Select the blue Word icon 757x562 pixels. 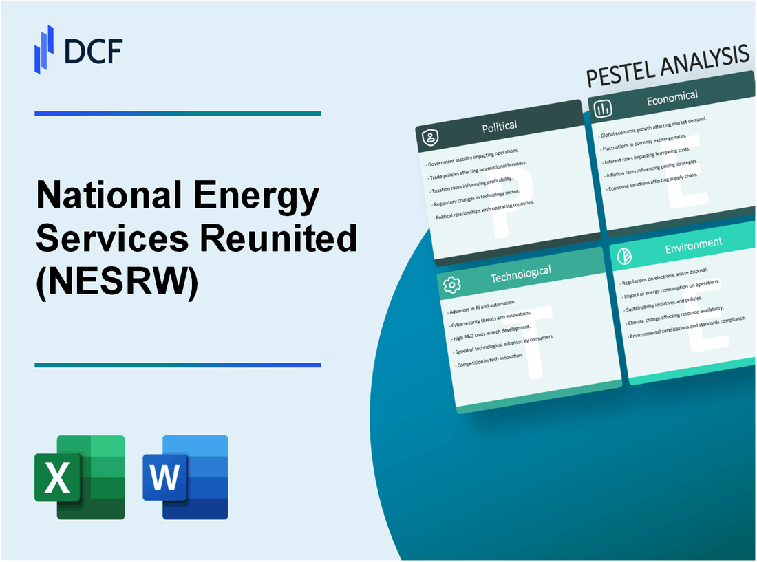[x=185, y=477]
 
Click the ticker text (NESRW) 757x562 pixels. [x=117, y=279]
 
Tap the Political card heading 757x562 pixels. [x=500, y=127]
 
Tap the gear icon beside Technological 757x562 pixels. [x=451, y=285]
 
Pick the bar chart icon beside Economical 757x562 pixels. [x=603, y=109]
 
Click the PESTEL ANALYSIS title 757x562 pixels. [x=667, y=67]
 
